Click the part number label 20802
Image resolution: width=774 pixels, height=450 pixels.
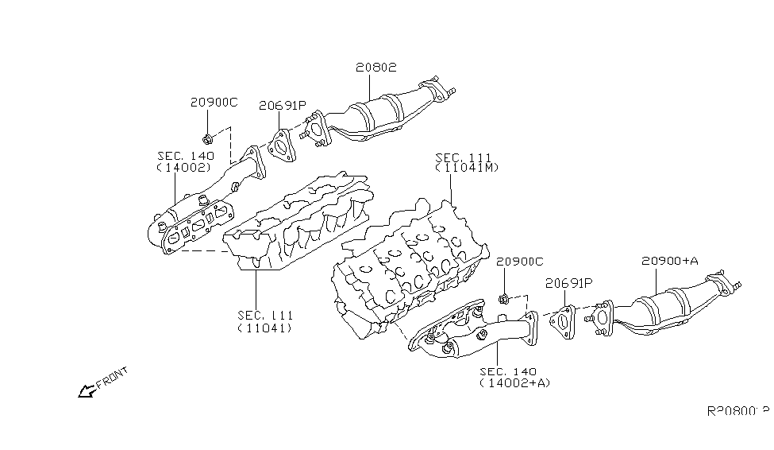pyautogui.click(x=375, y=69)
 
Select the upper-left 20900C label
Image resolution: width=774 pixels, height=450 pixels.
pyautogui.click(x=214, y=103)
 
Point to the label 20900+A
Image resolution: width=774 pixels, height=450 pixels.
pyautogui.click(x=669, y=261)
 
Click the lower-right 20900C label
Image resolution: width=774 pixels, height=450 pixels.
pyautogui.click(x=519, y=262)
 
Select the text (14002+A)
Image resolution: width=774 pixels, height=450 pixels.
pyautogui.click(x=514, y=383)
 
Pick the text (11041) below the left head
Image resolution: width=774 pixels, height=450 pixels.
pyautogui.click(x=264, y=328)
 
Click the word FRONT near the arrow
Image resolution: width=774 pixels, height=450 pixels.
pyautogui.click(x=110, y=381)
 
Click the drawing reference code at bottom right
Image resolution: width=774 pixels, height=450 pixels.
pyautogui.click(x=737, y=412)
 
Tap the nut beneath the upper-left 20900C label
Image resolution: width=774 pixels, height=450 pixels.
pyautogui.click(x=206, y=137)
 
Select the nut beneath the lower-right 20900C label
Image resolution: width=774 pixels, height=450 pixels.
pyautogui.click(x=503, y=299)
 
